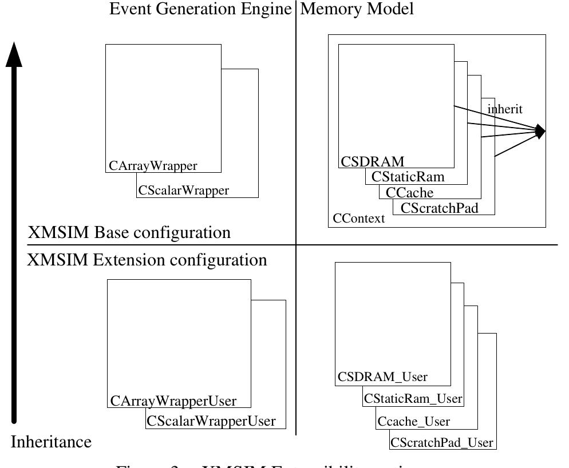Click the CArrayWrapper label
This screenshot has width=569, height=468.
(153, 166)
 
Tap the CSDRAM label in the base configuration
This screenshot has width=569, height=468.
(373, 161)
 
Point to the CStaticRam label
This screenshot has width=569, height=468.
(408, 177)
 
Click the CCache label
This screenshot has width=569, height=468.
(409, 193)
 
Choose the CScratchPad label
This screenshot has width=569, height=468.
(439, 208)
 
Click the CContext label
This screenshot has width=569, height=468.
(359, 219)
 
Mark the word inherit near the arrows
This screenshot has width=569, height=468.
(505, 109)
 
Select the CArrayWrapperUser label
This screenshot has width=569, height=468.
(173, 401)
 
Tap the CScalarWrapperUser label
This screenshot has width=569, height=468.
(211, 422)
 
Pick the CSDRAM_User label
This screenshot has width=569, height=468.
(382, 377)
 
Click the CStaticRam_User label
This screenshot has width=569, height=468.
(413, 398)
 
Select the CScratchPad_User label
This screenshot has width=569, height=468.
(442, 443)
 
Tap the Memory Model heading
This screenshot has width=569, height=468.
(357, 9)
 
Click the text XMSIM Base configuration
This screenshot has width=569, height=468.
(129, 233)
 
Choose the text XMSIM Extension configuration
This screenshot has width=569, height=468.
(147, 260)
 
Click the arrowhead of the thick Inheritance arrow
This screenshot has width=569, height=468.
(14, 54)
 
